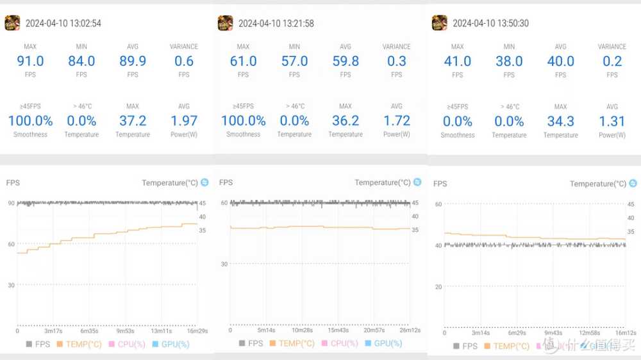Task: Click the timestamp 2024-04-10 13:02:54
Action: tap(63, 24)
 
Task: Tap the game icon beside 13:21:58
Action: tap(225, 23)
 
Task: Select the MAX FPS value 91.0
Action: tap(30, 61)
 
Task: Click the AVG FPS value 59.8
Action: tap(345, 61)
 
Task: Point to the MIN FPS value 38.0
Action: tap(509, 61)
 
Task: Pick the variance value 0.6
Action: tap(184, 61)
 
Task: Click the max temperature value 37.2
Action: tap(133, 120)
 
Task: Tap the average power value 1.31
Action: tap(612, 121)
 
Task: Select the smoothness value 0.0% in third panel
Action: tap(458, 121)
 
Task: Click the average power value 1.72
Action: tap(397, 120)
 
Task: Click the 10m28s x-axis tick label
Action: tap(302, 331)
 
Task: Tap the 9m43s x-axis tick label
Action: tap(553, 333)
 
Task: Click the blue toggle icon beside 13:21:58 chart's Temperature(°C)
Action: tap(417, 183)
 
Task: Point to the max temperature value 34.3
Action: tap(561, 121)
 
